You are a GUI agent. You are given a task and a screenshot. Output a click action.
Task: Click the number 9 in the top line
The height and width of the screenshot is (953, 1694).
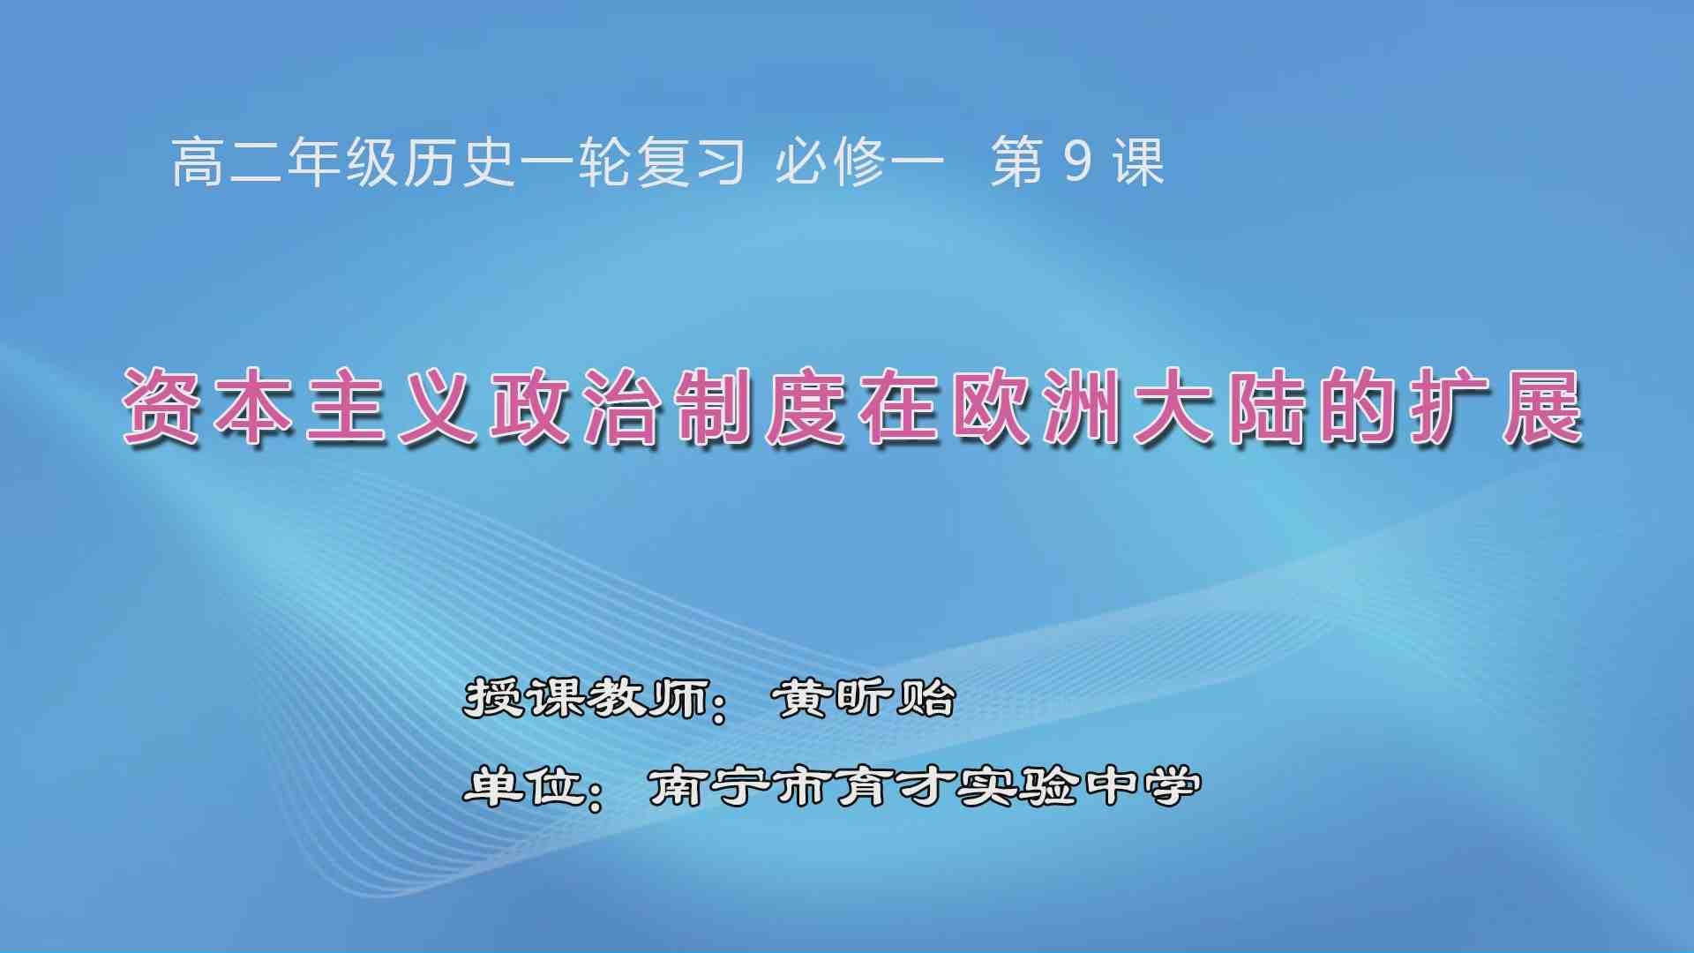[1077, 162]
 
